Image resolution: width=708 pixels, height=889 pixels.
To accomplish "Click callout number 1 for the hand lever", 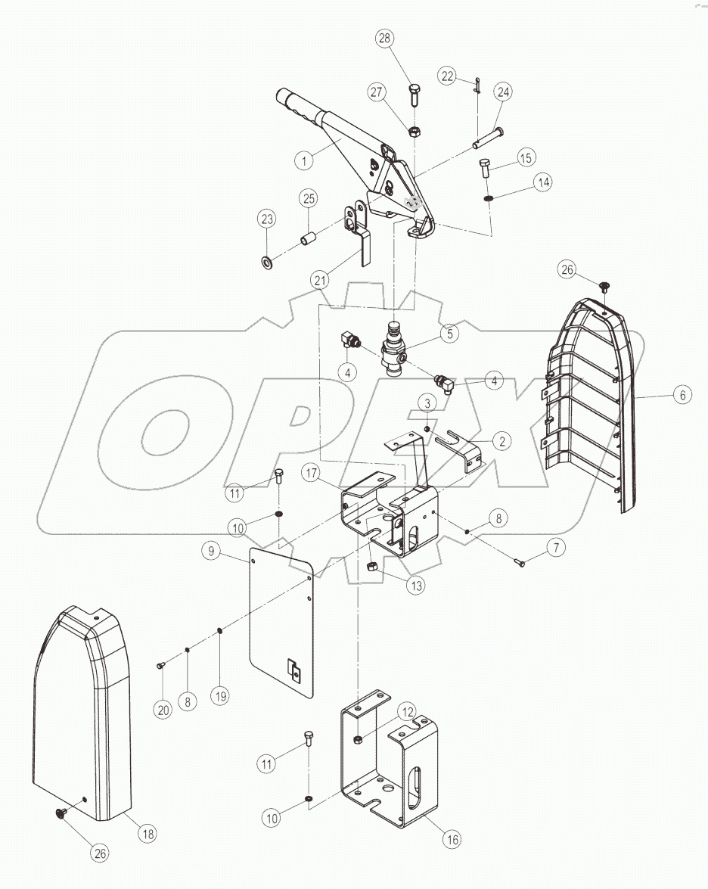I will tap(304, 160).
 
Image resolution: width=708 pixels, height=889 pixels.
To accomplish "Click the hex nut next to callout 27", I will tap(415, 132).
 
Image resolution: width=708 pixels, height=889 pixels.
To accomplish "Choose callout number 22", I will tap(448, 76).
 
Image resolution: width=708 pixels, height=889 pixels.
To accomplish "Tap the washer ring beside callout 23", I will tap(266, 263).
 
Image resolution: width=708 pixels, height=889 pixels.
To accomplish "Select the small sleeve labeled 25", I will tap(308, 241).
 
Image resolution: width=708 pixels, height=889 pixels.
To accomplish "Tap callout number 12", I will tap(408, 712).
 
